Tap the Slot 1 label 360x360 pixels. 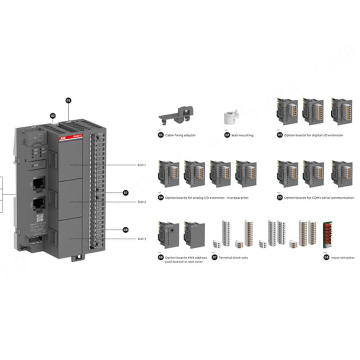tap(141, 165)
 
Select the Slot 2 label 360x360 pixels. tap(141, 202)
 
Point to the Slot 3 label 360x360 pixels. tap(141, 239)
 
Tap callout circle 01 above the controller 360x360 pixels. tap(69, 101)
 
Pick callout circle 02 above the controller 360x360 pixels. tap(53, 116)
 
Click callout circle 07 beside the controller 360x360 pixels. tap(125, 193)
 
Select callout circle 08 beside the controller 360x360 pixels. tap(125, 230)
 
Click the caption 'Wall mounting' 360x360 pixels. tap(242, 135)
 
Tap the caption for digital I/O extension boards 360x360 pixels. tap(313, 135)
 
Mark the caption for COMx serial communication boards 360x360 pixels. tap(319, 198)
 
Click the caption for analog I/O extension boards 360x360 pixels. tap(206, 198)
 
